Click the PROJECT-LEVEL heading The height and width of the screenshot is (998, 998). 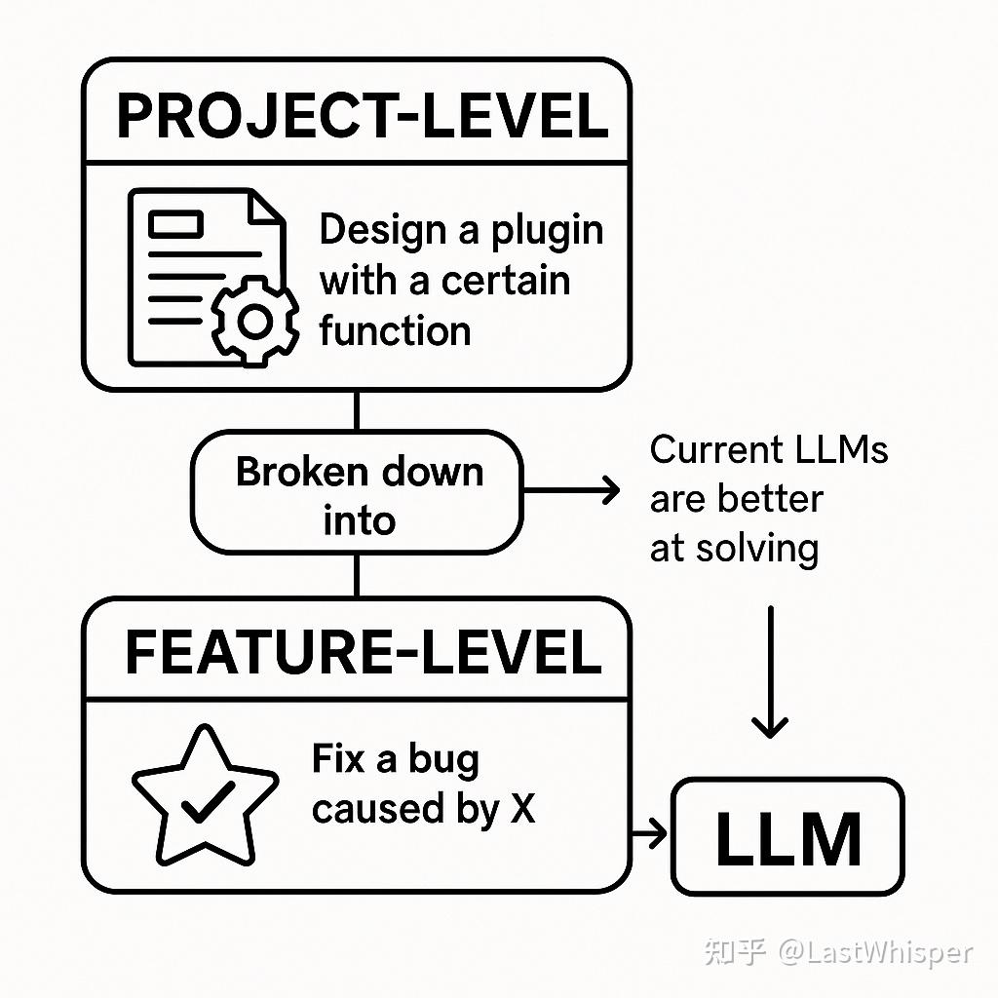(x=362, y=116)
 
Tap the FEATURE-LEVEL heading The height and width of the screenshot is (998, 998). (x=363, y=653)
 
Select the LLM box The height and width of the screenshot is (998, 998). (x=787, y=837)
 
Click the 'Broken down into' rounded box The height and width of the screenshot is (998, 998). (x=357, y=493)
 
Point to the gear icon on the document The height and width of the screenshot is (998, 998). (x=255, y=321)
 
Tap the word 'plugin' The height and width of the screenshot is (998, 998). (x=547, y=231)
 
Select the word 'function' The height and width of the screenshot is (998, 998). (x=395, y=330)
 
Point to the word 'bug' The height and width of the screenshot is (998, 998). (x=443, y=759)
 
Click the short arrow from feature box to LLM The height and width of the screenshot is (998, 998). (x=649, y=833)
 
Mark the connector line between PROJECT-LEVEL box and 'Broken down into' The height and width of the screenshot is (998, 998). (x=357, y=409)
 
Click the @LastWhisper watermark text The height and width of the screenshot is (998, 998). (x=874, y=951)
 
